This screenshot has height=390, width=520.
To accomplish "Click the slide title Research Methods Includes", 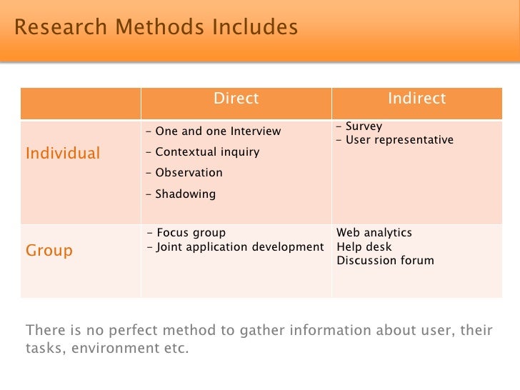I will click(156, 28).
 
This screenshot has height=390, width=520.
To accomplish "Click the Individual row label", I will click(63, 153).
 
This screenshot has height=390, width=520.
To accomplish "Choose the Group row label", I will click(49, 251).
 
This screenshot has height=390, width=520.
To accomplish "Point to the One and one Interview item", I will click(215, 131).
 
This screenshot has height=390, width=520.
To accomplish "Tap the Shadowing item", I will click(182, 194).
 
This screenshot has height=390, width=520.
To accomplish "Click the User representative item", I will click(396, 140).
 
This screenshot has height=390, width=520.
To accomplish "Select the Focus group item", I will click(189, 233).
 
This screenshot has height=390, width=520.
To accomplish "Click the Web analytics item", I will click(374, 233).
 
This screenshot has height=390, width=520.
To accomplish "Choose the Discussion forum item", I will click(385, 261).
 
